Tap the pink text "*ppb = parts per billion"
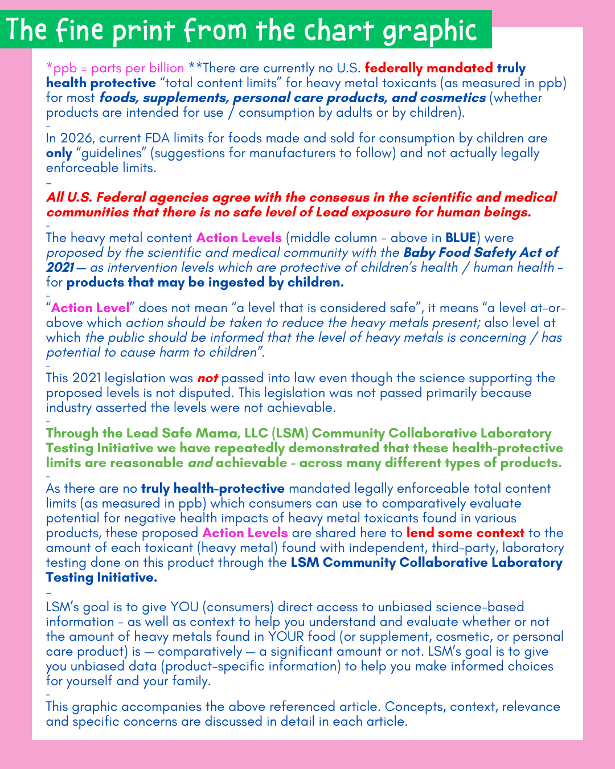click(x=115, y=68)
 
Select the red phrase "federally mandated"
click(x=429, y=68)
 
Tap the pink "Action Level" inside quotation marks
click(x=91, y=308)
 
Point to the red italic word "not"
click(x=208, y=378)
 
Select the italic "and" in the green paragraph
click(x=200, y=463)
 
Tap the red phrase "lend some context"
click(x=465, y=533)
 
